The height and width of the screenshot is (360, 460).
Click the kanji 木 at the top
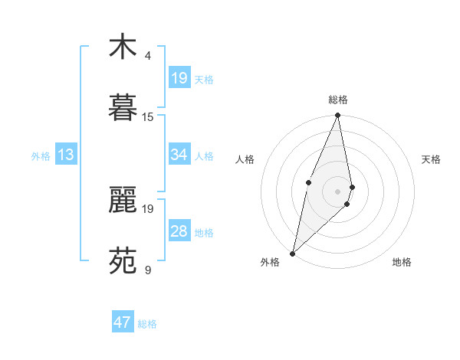(123, 47)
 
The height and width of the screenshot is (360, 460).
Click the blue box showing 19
(179, 78)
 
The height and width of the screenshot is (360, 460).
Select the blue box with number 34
(179, 155)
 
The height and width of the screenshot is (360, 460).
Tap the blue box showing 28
(179, 232)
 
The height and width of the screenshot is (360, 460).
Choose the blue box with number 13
(66, 155)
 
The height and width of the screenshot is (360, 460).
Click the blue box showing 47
(123, 322)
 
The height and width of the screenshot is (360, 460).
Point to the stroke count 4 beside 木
(148, 56)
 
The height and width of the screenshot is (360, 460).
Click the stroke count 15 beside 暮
(148, 116)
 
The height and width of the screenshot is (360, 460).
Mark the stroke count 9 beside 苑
(148, 270)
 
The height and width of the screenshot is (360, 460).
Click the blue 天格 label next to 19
(204, 80)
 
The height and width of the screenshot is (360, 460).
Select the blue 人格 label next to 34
(204, 156)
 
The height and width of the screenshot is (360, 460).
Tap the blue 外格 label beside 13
(41, 156)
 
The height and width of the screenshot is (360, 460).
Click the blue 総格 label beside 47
(147, 324)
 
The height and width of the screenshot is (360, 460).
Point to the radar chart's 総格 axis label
(338, 100)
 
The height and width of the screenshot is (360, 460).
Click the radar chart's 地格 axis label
(402, 262)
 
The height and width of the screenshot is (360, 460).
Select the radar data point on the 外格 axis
(292, 253)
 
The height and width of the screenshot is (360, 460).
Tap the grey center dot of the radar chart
(337, 191)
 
